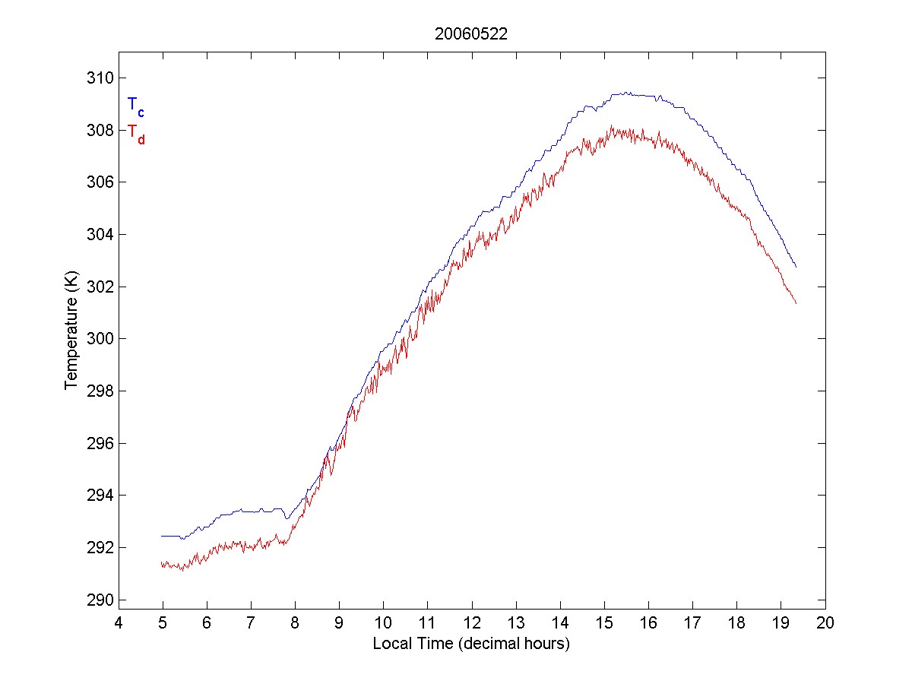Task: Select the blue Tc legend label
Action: (135, 106)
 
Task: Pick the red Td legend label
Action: (135, 134)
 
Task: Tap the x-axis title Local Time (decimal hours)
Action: (471, 644)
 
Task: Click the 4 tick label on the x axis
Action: (119, 622)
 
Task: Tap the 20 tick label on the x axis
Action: (825, 622)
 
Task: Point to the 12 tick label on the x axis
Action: (472, 622)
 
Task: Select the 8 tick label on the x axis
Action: (296, 622)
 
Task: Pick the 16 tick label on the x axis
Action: (648, 622)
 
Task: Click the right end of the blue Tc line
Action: (796, 267)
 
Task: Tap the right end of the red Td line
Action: (796, 303)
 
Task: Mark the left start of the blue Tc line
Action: (162, 536)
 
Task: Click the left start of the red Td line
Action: (162, 564)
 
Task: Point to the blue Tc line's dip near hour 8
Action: (287, 518)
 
